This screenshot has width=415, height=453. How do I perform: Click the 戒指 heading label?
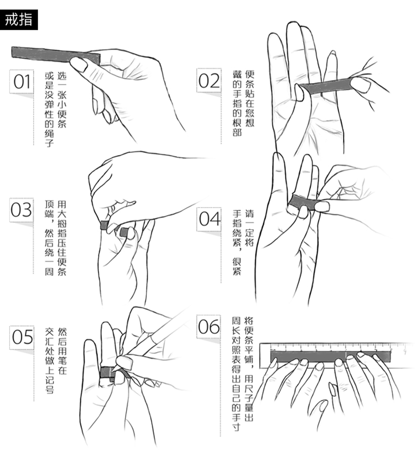(19, 20)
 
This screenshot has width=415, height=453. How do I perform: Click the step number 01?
(23, 82)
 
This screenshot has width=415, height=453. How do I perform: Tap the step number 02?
(209, 81)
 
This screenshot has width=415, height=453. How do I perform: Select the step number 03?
(22, 209)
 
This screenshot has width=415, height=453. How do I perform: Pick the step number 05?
(23, 337)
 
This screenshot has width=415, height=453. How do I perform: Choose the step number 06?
(209, 327)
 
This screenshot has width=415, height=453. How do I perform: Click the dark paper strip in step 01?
(47, 54)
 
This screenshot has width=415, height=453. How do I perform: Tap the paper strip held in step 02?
(328, 87)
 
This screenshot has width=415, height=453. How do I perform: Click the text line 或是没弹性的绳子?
(49, 107)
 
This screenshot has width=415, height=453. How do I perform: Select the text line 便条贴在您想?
(250, 97)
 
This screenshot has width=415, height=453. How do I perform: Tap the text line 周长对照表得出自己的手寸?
(237, 375)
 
